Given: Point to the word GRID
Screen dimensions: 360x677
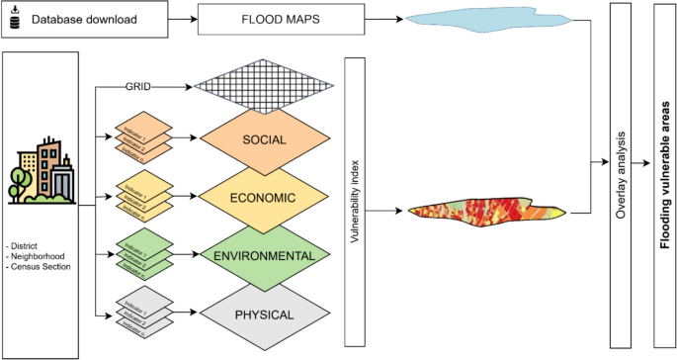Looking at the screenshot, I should coord(137,86).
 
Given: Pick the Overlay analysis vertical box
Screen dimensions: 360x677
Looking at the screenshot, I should coord(621,175).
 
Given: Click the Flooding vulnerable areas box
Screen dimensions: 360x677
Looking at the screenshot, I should coord(665,175).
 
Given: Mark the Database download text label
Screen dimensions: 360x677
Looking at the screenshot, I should coord(82,18).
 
